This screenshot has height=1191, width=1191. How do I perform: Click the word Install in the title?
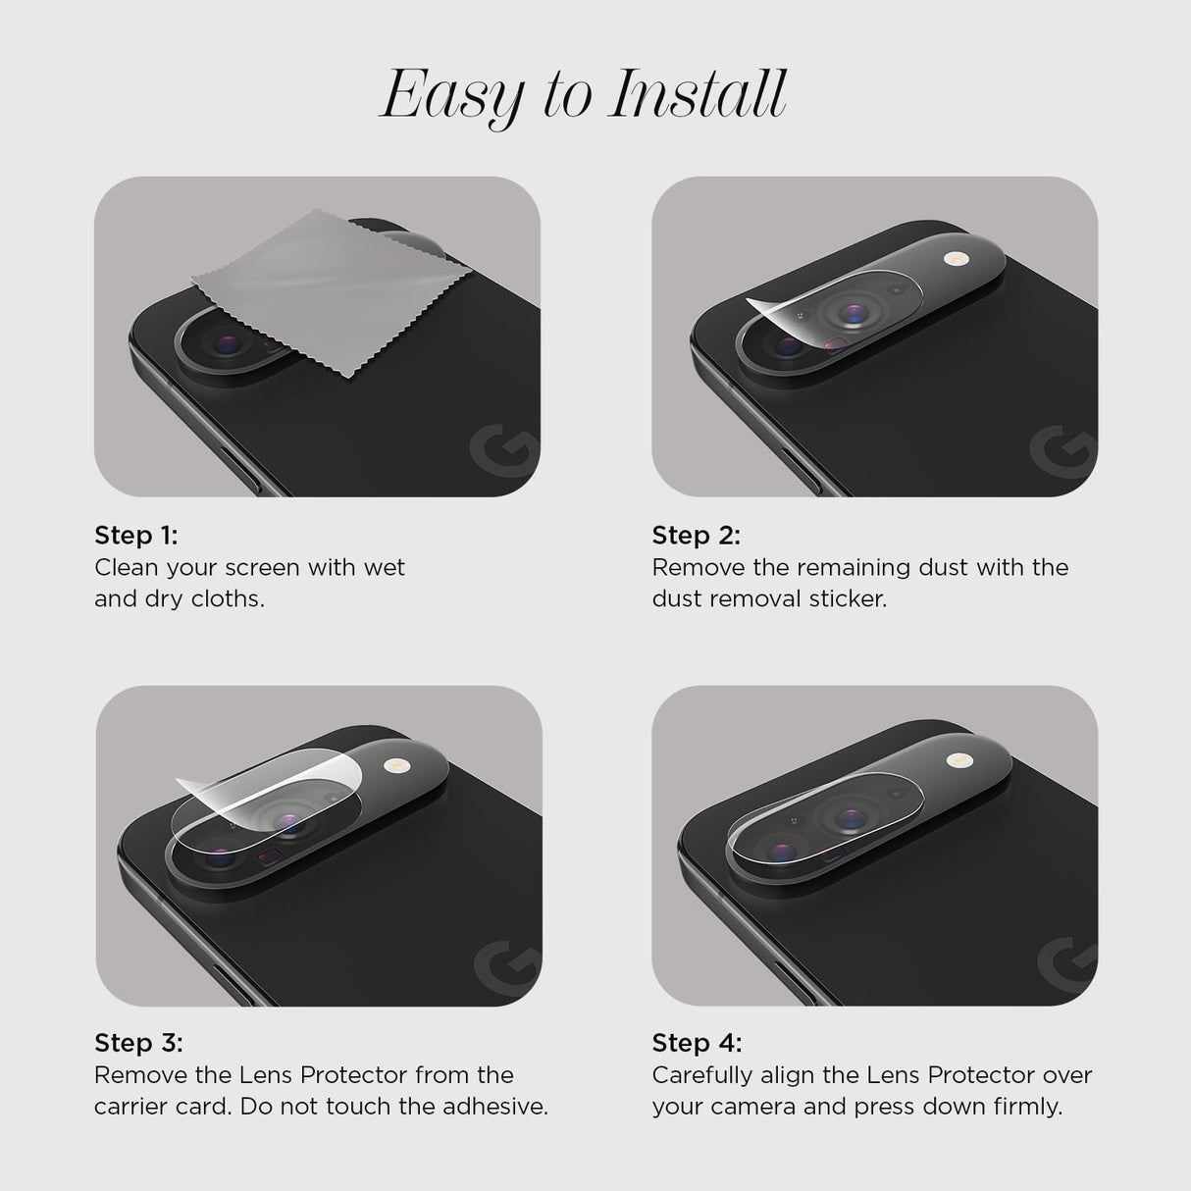point(698,94)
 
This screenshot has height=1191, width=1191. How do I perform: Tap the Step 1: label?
point(136,536)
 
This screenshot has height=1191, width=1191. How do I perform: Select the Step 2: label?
point(696,536)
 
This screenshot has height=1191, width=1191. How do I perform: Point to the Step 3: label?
point(138,1043)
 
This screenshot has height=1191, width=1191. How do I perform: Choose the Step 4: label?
point(697,1043)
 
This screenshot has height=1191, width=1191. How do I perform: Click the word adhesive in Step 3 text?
point(499,1107)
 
